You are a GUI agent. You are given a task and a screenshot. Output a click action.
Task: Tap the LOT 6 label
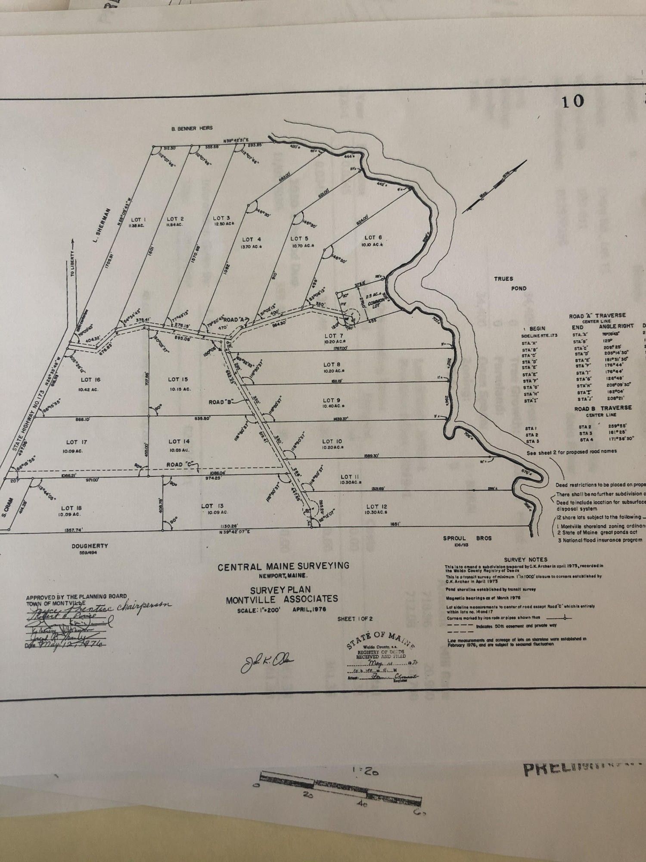click(373, 237)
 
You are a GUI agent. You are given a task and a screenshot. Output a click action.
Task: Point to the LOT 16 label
click(90, 380)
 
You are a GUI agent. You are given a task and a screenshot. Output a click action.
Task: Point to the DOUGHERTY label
click(90, 546)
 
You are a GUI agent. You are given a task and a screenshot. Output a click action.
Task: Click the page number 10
click(572, 101)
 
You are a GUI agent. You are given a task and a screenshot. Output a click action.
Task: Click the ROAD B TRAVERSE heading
click(603, 407)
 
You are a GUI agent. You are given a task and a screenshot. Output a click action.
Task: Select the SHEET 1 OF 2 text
click(355, 619)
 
